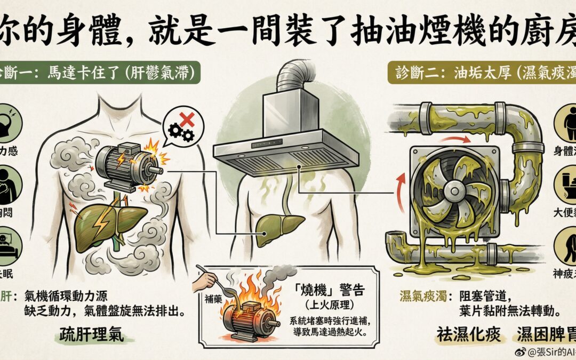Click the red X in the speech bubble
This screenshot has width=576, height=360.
point(187,120)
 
